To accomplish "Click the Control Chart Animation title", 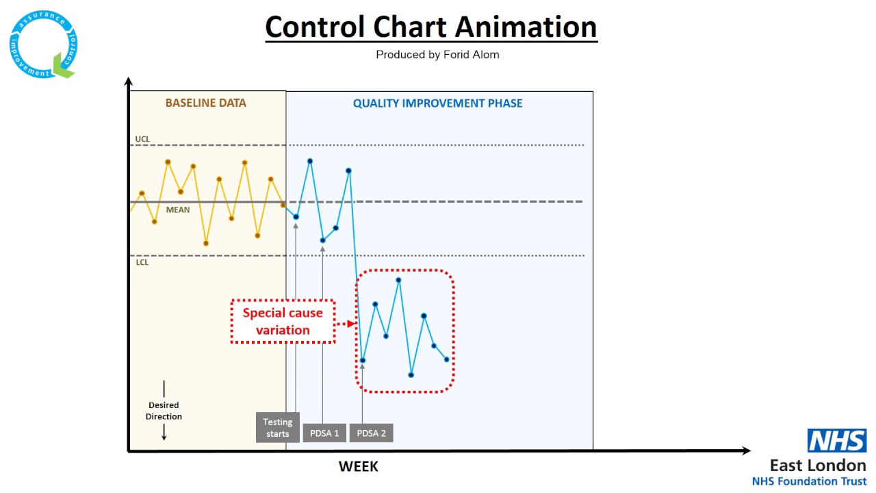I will (431, 27).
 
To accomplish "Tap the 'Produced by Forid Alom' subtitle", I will (437, 55).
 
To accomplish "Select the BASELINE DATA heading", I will (205, 103).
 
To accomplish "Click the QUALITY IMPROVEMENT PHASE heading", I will (437, 103).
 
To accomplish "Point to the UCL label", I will (142, 140).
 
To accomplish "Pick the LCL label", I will (142, 262).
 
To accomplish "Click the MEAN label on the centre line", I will (178, 210).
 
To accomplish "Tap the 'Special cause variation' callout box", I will (283, 321).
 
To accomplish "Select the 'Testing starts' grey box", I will (278, 428).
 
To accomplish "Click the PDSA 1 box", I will (324, 433).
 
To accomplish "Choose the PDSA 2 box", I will (371, 433).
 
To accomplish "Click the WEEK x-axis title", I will (358, 467).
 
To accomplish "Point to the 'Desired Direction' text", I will (164, 411).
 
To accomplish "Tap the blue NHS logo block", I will (837, 441).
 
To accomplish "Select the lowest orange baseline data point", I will (206, 243).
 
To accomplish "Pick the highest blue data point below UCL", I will (310, 161).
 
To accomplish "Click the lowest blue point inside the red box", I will (411, 375).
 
